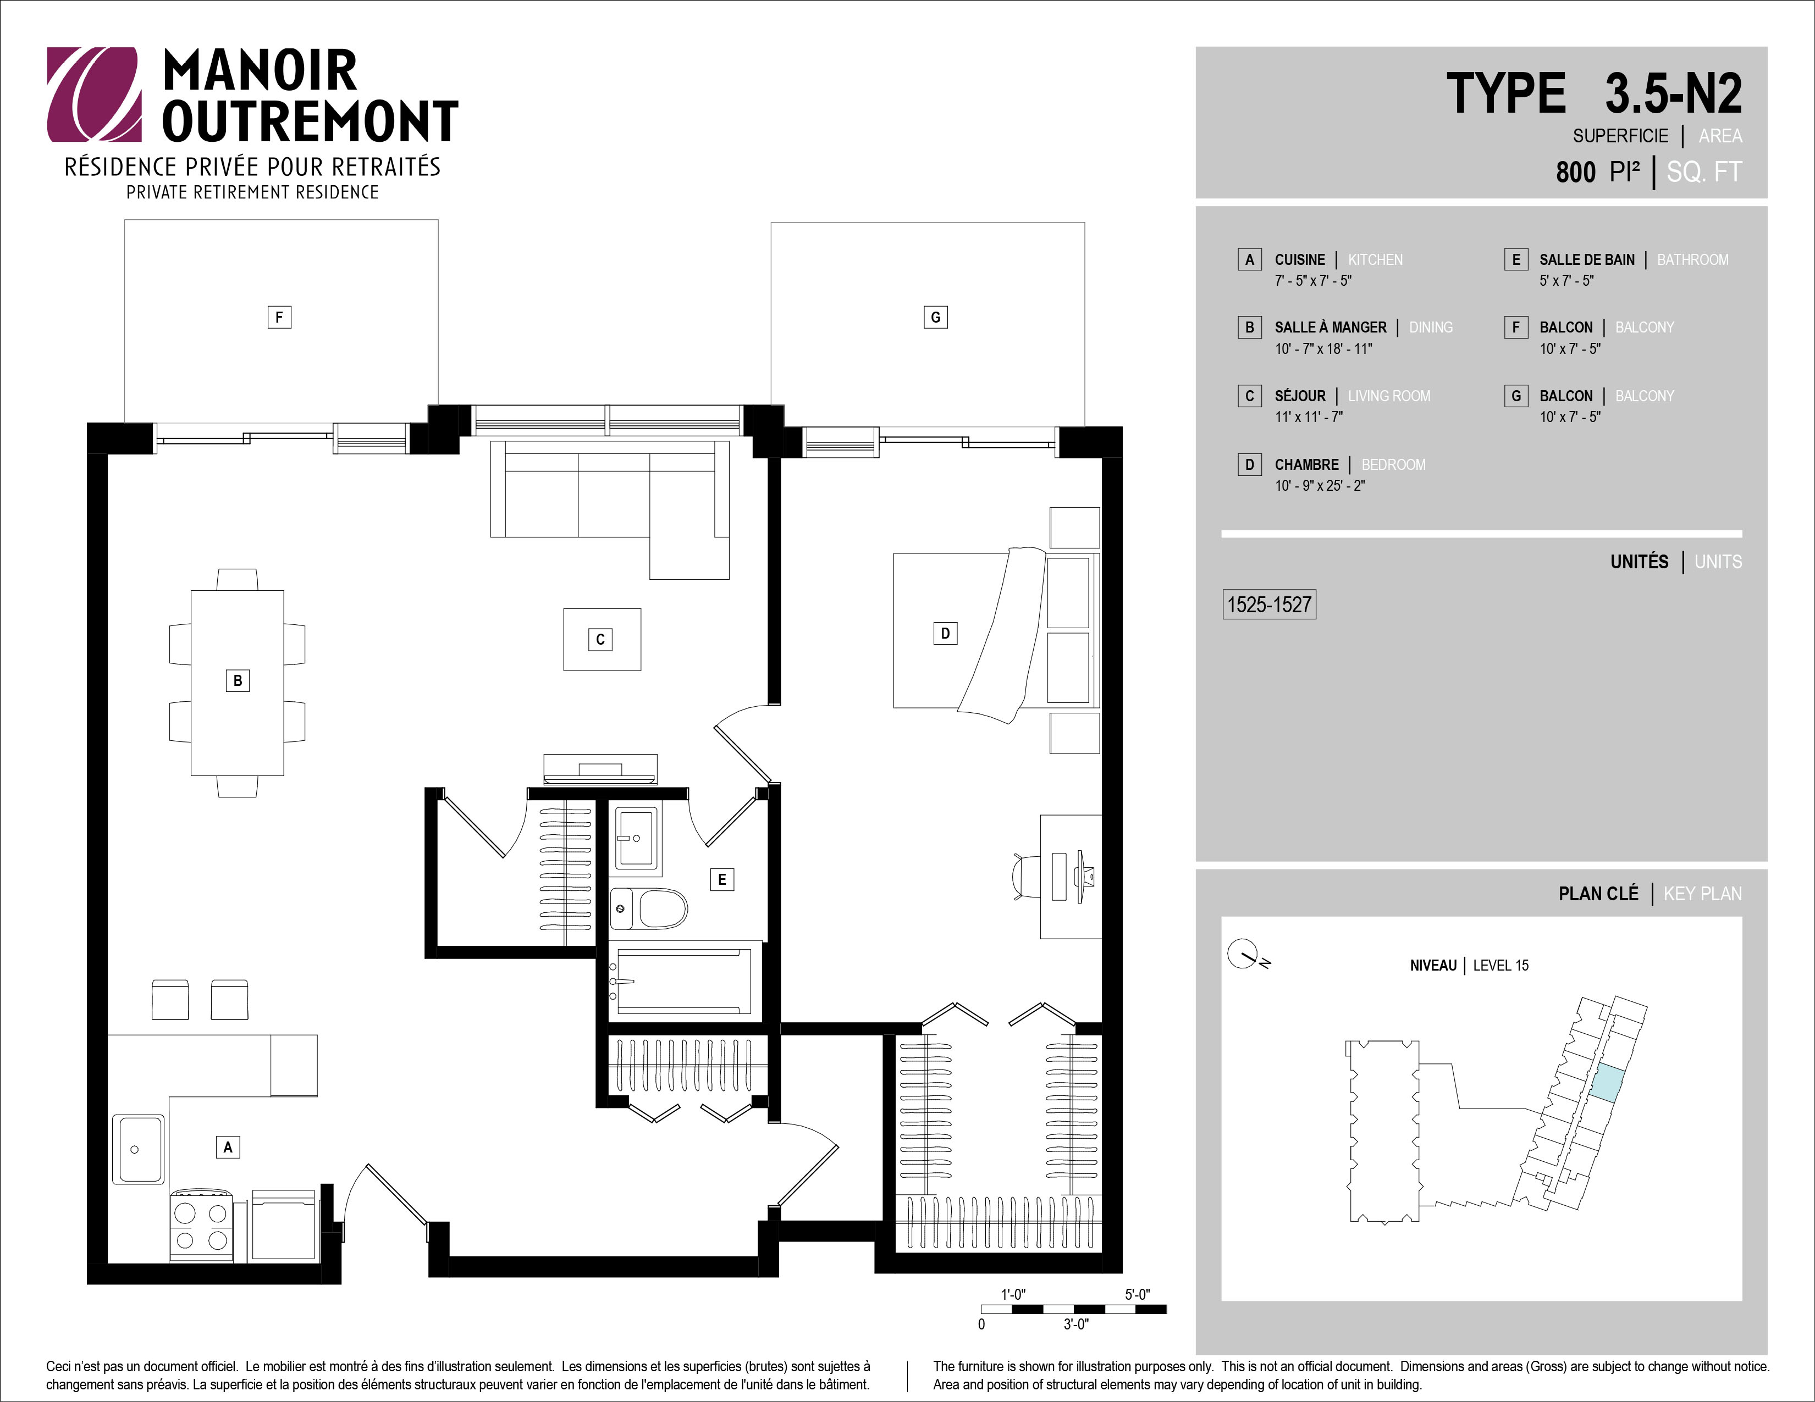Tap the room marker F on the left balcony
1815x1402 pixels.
point(279,317)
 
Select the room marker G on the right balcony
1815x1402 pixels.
point(936,317)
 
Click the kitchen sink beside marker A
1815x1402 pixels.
point(138,1149)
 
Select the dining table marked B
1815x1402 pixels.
point(238,683)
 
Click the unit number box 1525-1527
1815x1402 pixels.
point(1269,605)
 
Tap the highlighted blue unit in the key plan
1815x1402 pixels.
point(1606,1083)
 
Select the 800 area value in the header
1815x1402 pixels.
point(1576,172)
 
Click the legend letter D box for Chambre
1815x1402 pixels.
point(1249,464)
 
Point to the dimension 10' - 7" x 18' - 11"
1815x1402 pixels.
point(1323,349)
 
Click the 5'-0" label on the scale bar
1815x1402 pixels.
point(1138,1294)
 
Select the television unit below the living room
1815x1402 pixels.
point(600,769)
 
